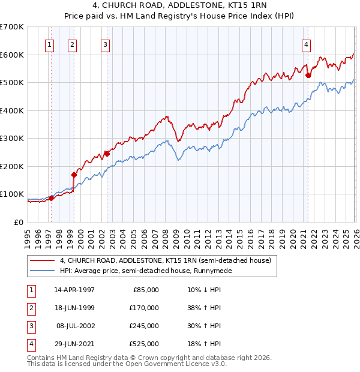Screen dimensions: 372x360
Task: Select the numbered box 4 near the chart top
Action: click(x=306, y=44)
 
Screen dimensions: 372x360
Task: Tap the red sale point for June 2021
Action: click(x=308, y=76)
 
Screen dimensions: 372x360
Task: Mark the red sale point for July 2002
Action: click(x=107, y=154)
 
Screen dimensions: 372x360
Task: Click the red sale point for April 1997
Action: click(x=52, y=198)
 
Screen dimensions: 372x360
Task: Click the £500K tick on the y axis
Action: click(x=12, y=82)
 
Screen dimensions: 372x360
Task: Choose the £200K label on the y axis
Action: click(x=12, y=166)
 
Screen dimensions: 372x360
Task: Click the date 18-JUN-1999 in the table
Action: click(x=74, y=307)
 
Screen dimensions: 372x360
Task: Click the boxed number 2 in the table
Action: click(x=31, y=307)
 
